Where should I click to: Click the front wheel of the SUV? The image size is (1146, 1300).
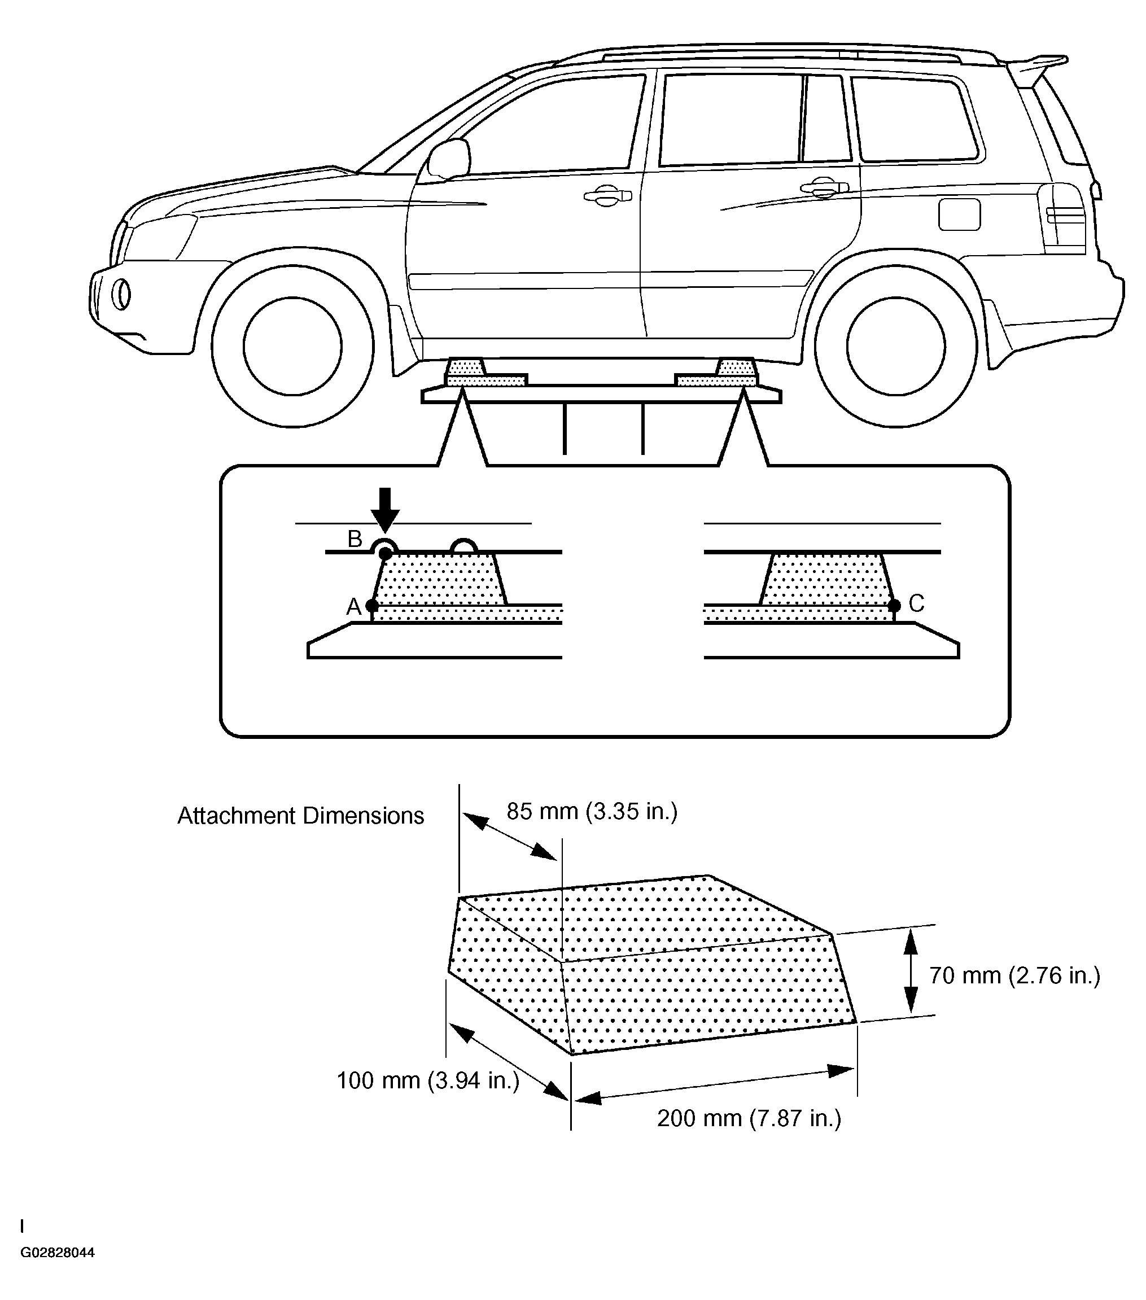[292, 347]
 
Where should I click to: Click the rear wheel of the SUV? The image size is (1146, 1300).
[896, 347]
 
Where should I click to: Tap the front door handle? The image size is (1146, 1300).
[607, 196]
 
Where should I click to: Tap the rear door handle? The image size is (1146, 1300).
[824, 189]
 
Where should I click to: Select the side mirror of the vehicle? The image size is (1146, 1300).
[448, 159]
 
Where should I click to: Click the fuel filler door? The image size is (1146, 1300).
[959, 215]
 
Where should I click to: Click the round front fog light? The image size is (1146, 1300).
[121, 295]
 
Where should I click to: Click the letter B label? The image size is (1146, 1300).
[354, 539]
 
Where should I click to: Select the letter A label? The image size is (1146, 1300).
[353, 607]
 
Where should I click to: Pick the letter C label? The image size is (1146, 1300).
[916, 603]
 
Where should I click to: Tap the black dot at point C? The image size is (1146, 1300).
[894, 606]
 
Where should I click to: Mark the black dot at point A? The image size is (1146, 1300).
[372, 606]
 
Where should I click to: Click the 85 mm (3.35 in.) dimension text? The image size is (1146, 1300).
[592, 812]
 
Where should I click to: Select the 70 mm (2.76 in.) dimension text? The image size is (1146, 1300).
[1014, 975]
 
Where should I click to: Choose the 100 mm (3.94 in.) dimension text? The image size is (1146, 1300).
[428, 1080]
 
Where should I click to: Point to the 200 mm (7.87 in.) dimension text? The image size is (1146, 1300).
[749, 1118]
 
